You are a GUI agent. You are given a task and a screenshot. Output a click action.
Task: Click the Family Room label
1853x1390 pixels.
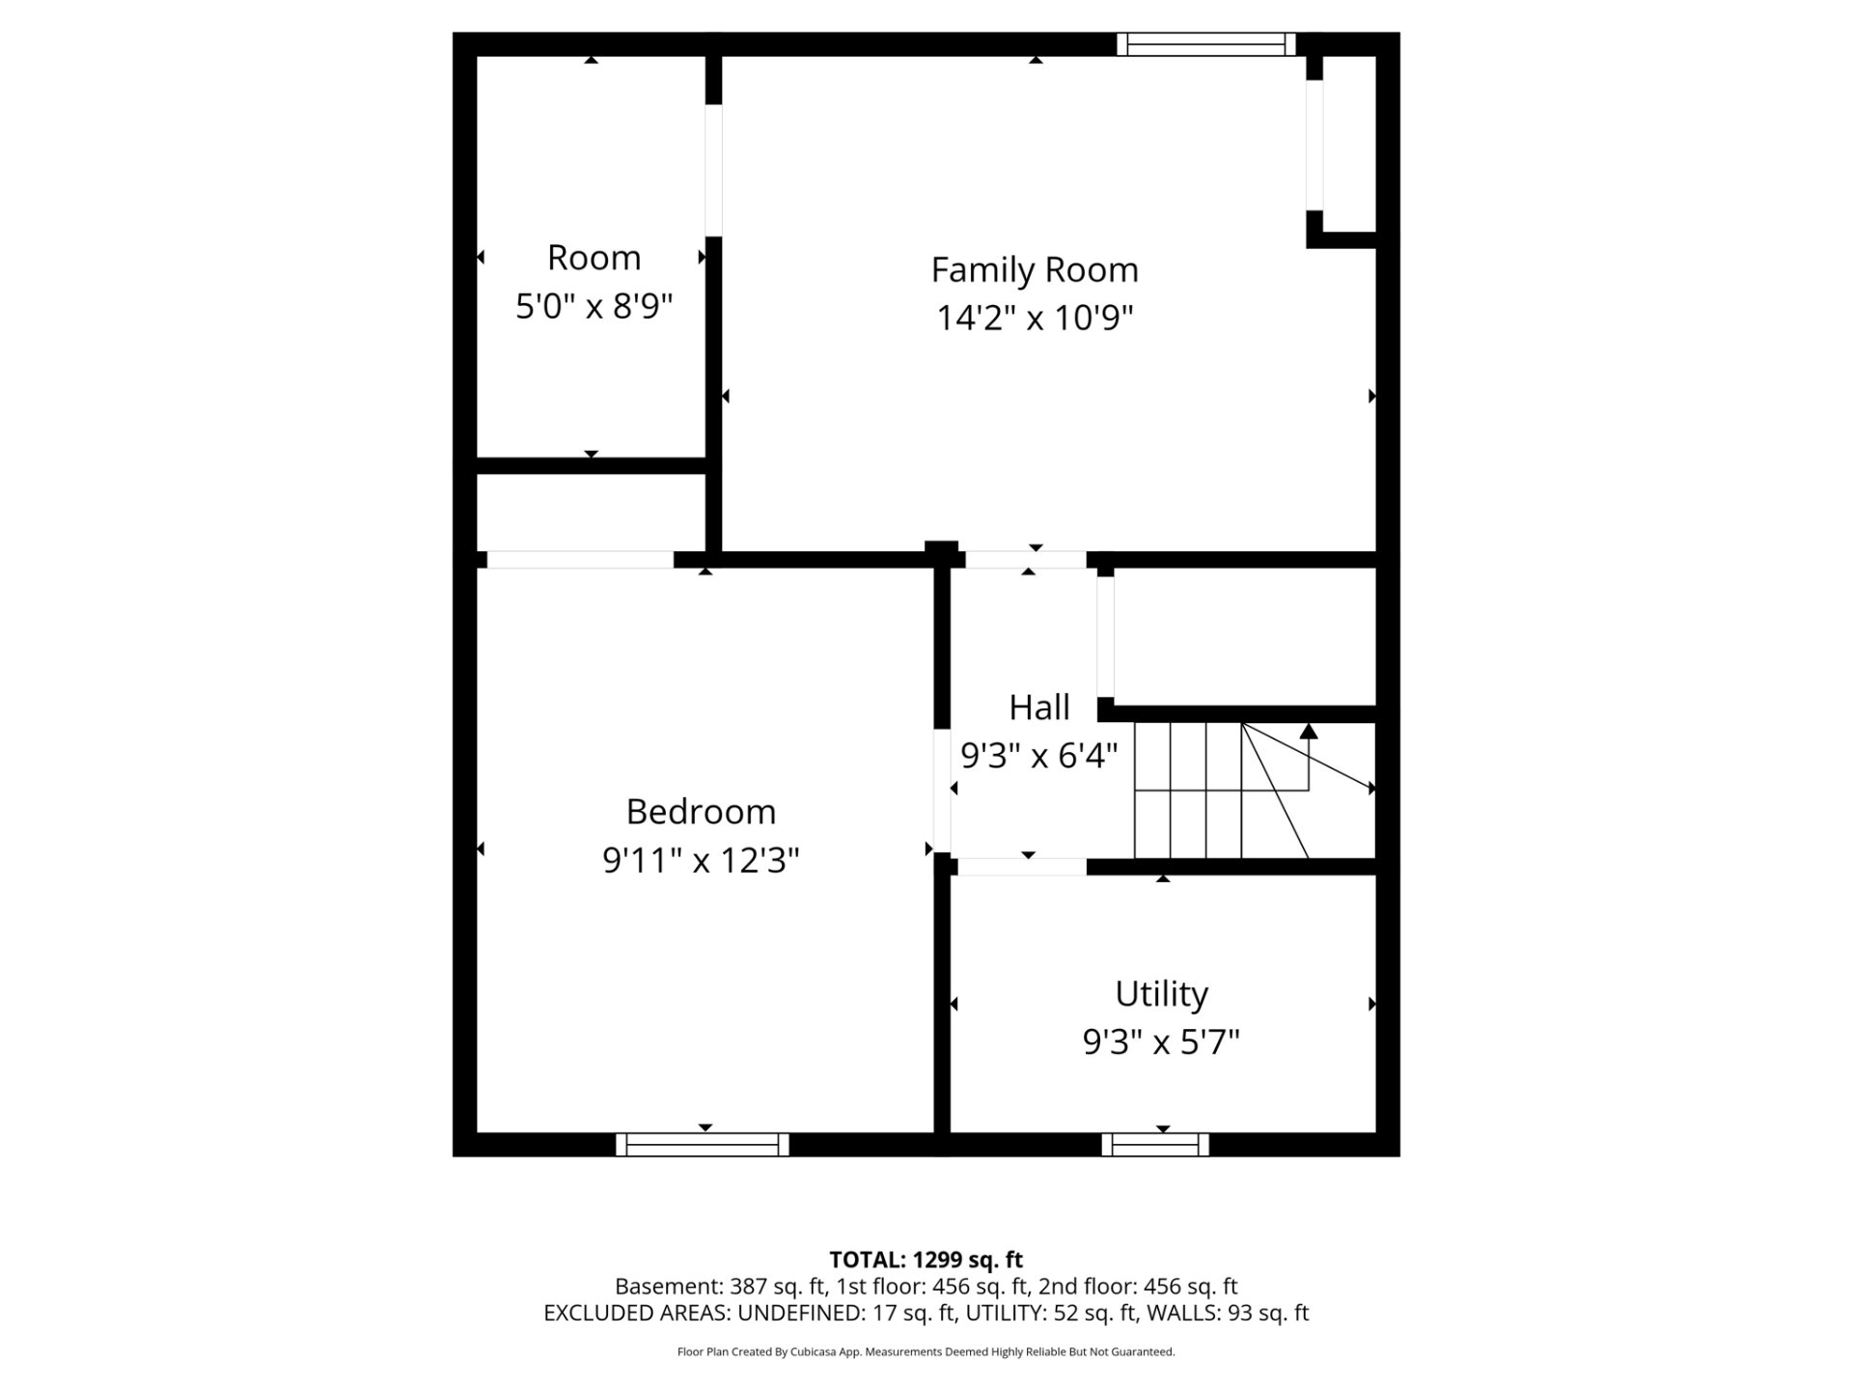pos(1035,270)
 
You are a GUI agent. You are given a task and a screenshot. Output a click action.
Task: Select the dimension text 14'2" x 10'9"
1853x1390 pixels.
pos(1035,318)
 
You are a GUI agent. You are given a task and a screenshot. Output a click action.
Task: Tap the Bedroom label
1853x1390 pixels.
pos(701,812)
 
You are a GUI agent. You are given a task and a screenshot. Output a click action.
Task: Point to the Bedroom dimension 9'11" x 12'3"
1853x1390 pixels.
pos(701,859)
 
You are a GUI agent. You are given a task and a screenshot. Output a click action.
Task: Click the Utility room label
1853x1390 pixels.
pos(1162,994)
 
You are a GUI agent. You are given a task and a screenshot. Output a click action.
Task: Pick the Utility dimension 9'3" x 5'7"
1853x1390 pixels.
pos(1162,1042)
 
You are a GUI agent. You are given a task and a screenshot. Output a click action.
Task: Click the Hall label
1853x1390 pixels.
pos(1039,708)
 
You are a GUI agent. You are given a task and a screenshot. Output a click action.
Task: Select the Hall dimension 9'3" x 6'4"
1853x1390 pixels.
pos(1039,755)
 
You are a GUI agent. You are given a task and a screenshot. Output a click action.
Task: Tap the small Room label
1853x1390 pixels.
pos(594,258)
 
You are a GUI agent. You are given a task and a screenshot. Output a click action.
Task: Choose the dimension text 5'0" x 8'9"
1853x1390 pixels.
pos(594,306)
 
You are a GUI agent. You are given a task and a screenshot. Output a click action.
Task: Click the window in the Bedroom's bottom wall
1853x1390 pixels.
pos(703,1145)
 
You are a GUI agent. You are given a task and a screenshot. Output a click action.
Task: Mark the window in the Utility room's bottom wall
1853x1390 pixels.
pos(1155,1145)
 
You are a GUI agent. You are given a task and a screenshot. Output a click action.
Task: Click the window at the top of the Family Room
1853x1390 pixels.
pos(1206,44)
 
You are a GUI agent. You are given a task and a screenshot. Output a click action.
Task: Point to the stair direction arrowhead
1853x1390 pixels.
pos(1309,731)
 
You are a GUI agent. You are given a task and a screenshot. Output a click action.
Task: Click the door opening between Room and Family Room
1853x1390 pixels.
pos(714,170)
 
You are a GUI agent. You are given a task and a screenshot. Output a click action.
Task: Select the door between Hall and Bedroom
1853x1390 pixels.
pos(942,791)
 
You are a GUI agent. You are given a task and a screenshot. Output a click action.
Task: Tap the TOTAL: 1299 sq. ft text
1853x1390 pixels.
pos(926,1260)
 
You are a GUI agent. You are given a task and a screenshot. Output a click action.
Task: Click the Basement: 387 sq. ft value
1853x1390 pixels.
pos(721,1287)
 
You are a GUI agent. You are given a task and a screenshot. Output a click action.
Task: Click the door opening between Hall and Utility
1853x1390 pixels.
pos(1022,867)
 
